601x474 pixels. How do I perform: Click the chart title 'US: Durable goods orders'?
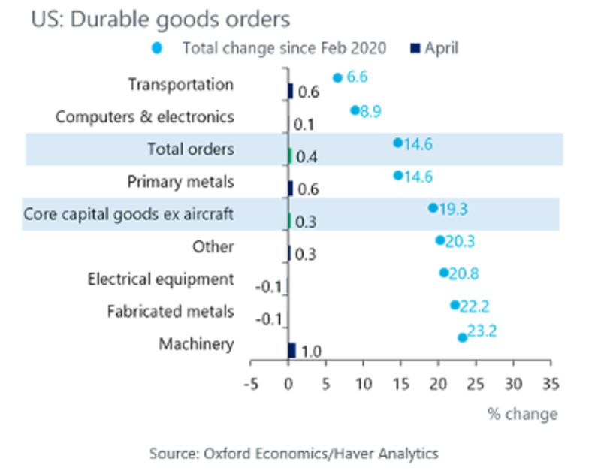tap(161, 18)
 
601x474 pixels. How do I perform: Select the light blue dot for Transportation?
tap(337, 77)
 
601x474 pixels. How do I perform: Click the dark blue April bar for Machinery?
tap(291, 350)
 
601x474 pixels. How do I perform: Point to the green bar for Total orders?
tap(290, 156)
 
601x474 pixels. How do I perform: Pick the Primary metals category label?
tap(180, 182)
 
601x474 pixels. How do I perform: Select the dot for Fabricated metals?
tap(455, 305)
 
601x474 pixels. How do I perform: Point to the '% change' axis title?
tap(522, 414)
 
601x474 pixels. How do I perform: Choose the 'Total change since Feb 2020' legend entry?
tap(284, 49)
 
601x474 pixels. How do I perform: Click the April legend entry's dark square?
tap(414, 49)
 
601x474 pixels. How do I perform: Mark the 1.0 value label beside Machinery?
tap(311, 352)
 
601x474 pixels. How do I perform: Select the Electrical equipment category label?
tap(161, 279)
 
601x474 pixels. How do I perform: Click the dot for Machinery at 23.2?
tap(462, 337)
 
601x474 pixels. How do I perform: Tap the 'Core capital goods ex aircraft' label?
tap(128, 214)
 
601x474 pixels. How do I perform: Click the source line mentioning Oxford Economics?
tap(294, 453)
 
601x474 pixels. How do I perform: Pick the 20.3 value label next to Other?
tap(460, 241)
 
